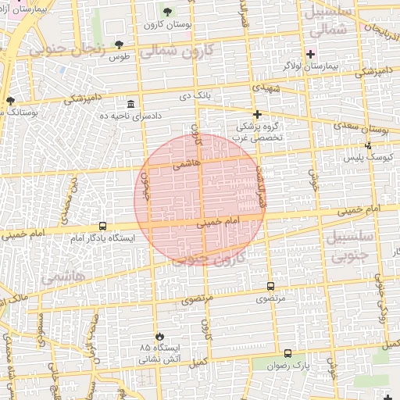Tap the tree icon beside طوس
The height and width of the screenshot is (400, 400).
tap(119, 45)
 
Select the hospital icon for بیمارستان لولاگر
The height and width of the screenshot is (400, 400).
tap(311, 54)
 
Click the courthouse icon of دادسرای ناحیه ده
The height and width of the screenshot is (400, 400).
tap(130, 105)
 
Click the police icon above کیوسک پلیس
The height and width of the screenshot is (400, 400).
tap(369, 145)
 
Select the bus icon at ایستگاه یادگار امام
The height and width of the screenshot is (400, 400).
tap(103, 226)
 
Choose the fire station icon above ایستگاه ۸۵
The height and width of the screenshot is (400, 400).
tap(160, 334)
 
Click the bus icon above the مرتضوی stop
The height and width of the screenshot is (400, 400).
tap(270, 286)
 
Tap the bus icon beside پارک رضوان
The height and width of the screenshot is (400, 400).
tap(288, 353)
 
